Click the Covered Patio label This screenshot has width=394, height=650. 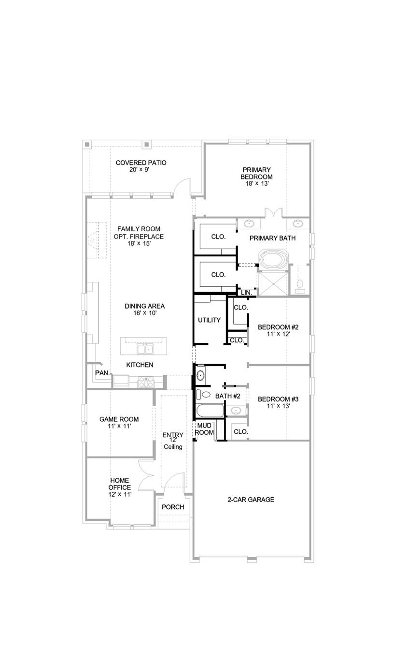pos(141,162)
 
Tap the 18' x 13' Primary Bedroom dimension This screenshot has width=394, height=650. pos(256,184)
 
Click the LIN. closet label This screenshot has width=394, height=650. pos(246,293)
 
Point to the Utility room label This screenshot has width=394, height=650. pos(209,320)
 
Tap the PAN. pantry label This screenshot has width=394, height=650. pos(101,373)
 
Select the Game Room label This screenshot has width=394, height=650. pos(119,419)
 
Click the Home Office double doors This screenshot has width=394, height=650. pos(145,476)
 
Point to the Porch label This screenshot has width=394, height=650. pos(172,507)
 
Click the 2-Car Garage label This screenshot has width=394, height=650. pos(251,500)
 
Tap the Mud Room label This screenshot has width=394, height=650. pos(205,429)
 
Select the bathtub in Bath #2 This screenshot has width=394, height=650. pos(210,412)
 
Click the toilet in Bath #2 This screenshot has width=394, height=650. pos(203,395)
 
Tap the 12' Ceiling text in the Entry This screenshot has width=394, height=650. pos(172,444)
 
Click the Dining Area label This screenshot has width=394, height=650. pos(144,306)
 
